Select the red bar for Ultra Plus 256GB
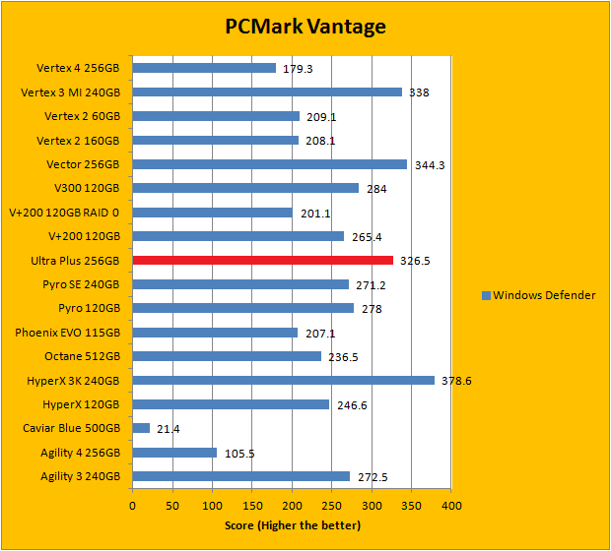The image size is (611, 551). [x=262, y=261]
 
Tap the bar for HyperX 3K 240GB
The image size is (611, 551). [x=283, y=380]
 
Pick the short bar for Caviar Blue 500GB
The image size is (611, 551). [x=141, y=428]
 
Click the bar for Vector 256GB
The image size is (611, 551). [x=269, y=164]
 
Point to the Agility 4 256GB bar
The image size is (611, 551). [x=174, y=453]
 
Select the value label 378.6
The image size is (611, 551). [x=455, y=381]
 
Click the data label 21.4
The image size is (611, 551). [x=169, y=429]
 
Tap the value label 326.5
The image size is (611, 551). [x=414, y=262]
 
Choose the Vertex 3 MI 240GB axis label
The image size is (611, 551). [x=71, y=92]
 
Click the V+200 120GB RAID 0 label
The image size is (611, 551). [x=64, y=213]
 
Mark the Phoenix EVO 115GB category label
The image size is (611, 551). [x=68, y=333]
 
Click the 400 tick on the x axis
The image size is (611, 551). [x=450, y=506]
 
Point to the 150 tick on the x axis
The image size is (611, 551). [x=251, y=506]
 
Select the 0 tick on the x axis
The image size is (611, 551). [x=132, y=506]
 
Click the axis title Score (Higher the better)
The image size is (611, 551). [x=292, y=525]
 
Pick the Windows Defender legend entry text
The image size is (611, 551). [x=544, y=295]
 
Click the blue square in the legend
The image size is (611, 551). [x=486, y=295]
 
